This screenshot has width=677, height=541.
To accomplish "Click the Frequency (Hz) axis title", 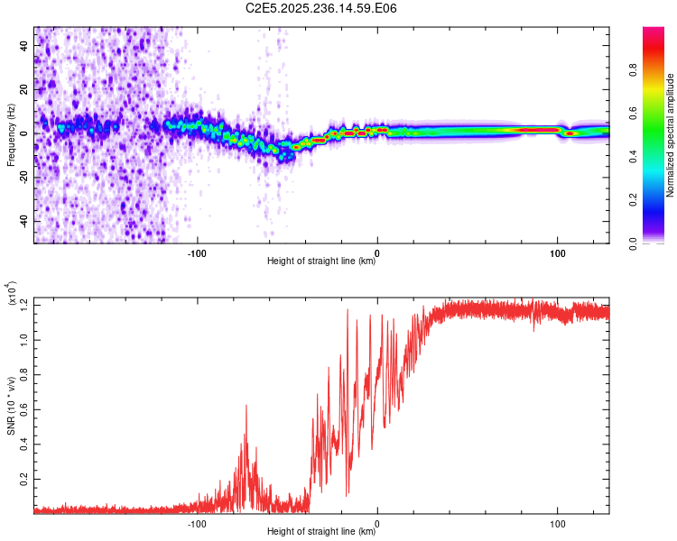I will pos(11,134).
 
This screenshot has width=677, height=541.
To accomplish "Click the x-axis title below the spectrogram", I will pos(322,261).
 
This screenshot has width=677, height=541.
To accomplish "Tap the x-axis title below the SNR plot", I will pos(322,532).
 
